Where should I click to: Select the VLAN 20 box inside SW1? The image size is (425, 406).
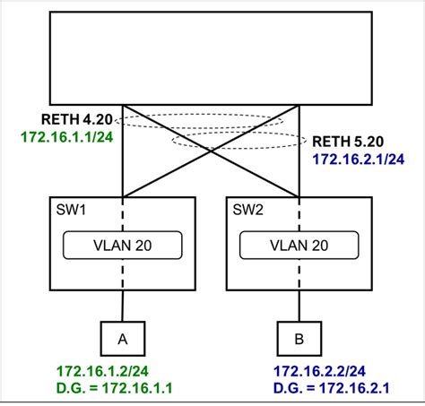(121, 245)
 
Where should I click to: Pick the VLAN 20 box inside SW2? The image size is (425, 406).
(299, 245)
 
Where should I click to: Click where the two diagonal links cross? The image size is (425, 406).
(210, 149)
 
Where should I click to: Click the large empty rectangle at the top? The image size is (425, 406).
(211, 57)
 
